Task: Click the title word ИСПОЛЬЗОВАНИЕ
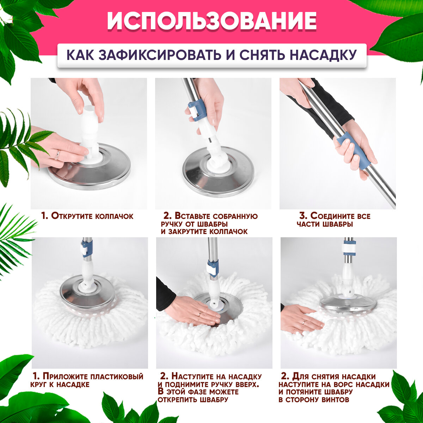click(211, 21)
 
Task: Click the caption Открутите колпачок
click(87, 216)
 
